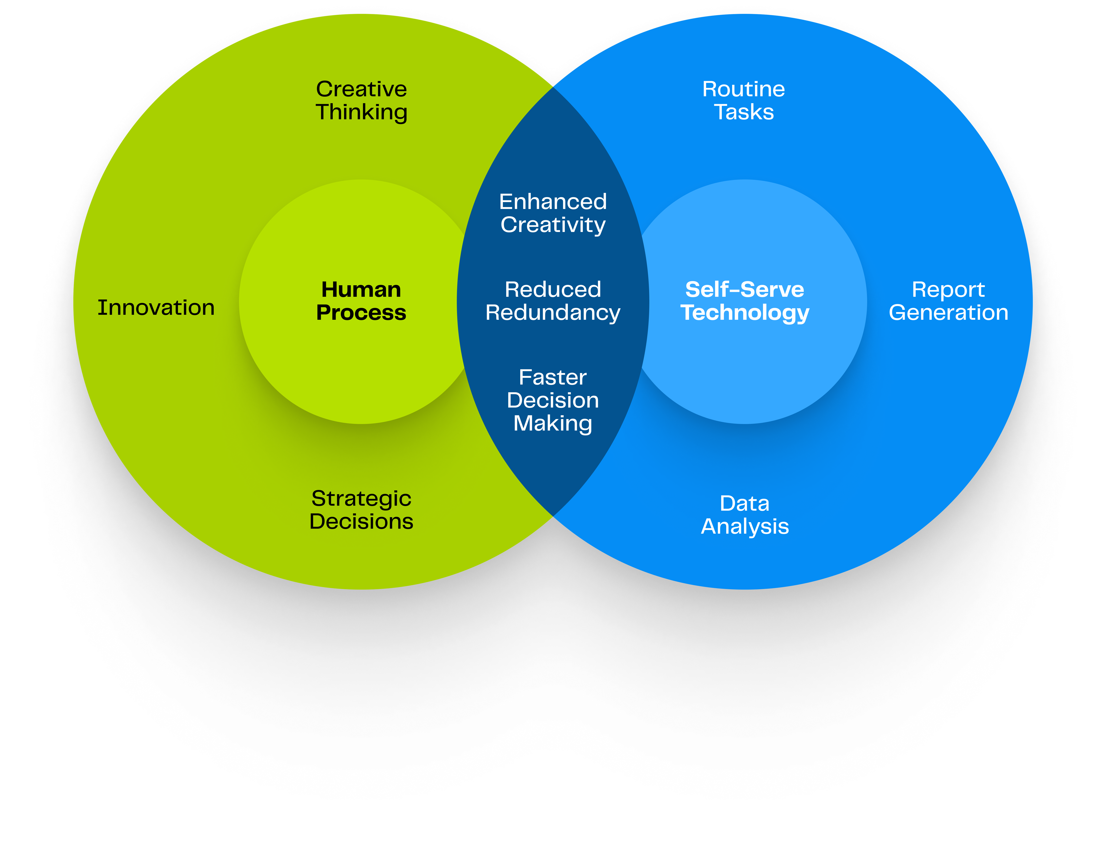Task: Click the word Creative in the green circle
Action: click(x=361, y=89)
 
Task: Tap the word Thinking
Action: click(x=361, y=112)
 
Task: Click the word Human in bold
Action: click(x=361, y=290)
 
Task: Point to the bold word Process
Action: click(x=361, y=313)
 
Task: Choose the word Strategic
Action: click(x=361, y=499)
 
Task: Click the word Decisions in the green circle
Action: click(x=361, y=521)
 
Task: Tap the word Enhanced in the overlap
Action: click(x=553, y=202)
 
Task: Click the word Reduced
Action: click(x=553, y=290)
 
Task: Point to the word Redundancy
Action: click(x=553, y=313)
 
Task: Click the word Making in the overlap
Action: click(x=553, y=423)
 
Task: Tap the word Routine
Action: click(x=744, y=89)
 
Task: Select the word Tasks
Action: click(x=744, y=112)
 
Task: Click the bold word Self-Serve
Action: click(x=745, y=290)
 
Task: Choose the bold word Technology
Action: click(x=745, y=313)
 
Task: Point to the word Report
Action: click(x=948, y=290)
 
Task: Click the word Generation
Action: click(x=948, y=313)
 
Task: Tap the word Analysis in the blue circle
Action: click(x=745, y=527)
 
